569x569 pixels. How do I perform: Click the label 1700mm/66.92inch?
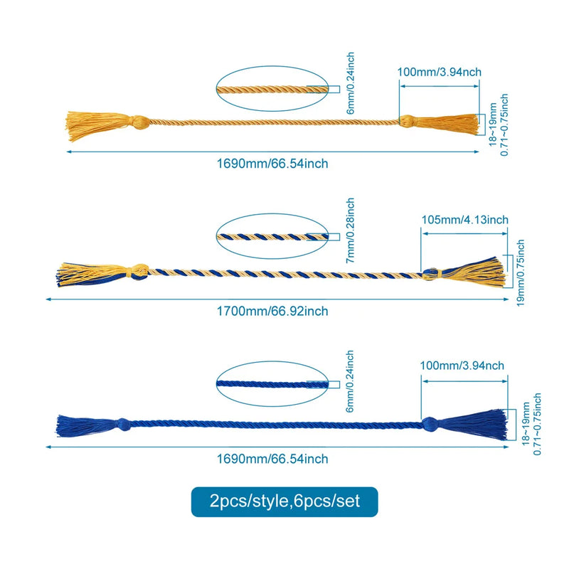pos(272,312)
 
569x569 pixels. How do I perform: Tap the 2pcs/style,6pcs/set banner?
pos(284,501)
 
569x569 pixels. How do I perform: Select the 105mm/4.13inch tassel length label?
pos(465,220)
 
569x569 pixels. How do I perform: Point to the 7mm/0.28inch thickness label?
pos(350,230)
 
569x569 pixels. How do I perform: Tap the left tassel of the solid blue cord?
pos(87,425)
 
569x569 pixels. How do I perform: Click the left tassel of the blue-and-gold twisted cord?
pos(92,274)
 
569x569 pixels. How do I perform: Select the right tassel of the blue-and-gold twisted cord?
pos(472,272)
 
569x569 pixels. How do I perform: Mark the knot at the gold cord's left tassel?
pos(139,122)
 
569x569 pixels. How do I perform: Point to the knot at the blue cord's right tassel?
pos(430,423)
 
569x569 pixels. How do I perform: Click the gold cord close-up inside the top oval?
pos(272,89)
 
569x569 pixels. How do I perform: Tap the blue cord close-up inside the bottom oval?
pos(272,384)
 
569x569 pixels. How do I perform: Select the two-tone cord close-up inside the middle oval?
pos(272,237)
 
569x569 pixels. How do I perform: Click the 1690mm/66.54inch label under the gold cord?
pos(272,164)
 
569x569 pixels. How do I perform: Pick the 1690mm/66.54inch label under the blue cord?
pos(272,459)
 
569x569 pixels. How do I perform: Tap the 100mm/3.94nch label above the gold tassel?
pos(439,72)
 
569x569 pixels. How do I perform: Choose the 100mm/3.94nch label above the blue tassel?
pos(462,366)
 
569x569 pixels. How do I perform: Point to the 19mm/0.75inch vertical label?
pos(521,273)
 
